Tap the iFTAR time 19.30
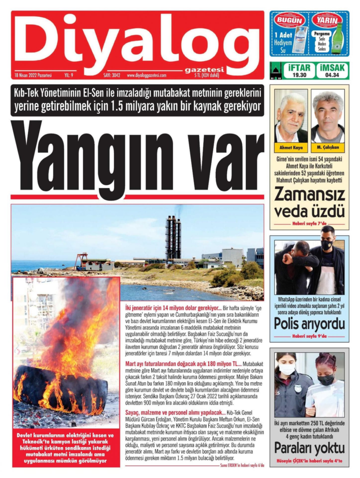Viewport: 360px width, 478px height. point(299,75)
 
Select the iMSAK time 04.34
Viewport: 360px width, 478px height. point(332,75)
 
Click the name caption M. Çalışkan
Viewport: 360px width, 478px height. point(327,148)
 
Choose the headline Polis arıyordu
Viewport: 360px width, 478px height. point(309,323)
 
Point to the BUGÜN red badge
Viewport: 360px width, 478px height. point(290,20)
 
